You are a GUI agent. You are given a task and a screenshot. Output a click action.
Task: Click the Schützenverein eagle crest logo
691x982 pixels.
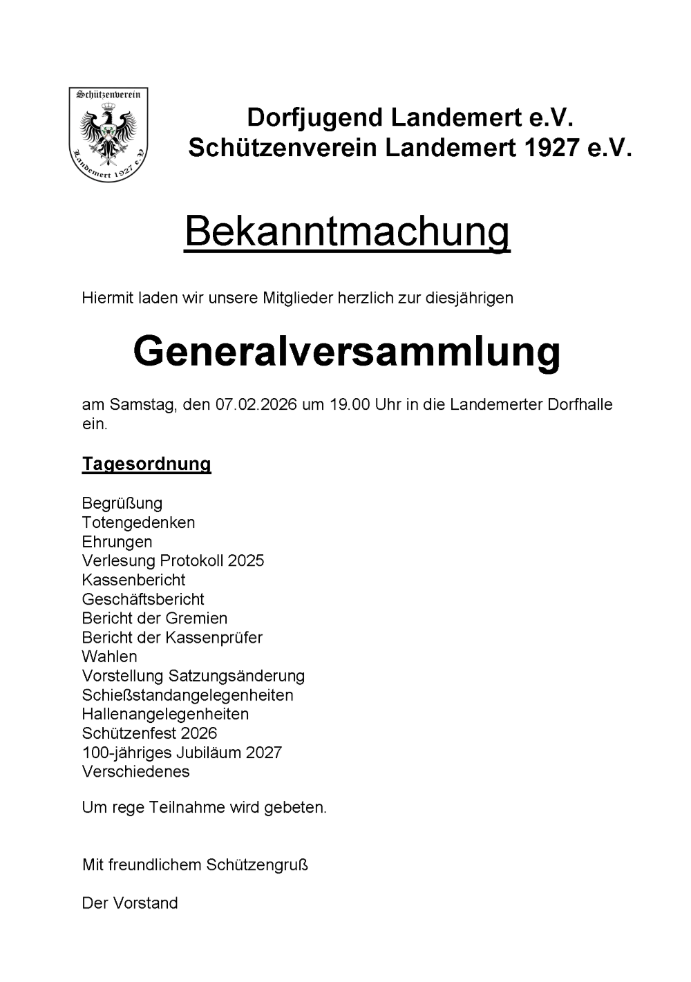coord(108,134)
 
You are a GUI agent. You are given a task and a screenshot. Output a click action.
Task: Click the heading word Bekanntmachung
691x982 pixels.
coord(347,232)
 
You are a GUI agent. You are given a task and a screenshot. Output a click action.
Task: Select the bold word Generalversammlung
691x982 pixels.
coord(346,351)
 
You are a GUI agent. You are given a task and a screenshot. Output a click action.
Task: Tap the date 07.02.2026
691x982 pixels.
coord(256,405)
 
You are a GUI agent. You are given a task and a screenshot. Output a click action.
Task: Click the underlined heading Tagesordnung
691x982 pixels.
coord(146,464)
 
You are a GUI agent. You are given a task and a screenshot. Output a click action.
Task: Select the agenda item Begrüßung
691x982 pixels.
coord(122,503)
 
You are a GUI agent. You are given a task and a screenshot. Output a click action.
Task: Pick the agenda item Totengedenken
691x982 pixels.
coord(138,522)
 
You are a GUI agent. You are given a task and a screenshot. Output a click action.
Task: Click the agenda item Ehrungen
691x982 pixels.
coord(117,542)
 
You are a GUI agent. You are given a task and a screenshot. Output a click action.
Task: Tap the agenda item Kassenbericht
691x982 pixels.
coord(133,580)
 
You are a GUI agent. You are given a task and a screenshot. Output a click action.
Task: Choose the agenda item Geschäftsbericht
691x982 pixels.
coord(143,599)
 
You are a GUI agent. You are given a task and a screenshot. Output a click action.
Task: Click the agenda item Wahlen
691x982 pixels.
coord(109,657)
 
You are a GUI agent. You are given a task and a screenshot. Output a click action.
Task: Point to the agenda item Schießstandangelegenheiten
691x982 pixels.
coord(187,695)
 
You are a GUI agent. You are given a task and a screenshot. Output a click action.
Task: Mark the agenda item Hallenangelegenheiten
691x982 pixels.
coord(165,714)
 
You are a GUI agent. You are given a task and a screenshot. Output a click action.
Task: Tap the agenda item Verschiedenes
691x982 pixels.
coord(135,771)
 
